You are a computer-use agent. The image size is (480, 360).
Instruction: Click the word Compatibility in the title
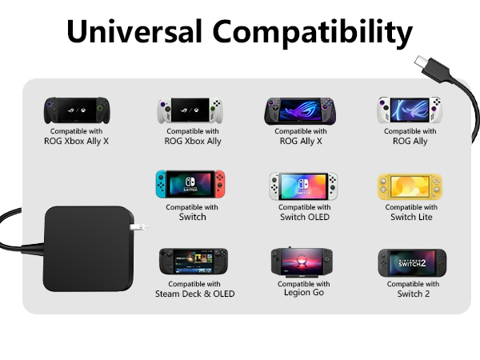[x=316, y=33]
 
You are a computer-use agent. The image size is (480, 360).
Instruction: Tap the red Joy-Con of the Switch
[x=220, y=186]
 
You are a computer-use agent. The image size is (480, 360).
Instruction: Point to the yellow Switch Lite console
[x=410, y=186]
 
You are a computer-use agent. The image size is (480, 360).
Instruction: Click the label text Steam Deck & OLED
[x=194, y=294]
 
